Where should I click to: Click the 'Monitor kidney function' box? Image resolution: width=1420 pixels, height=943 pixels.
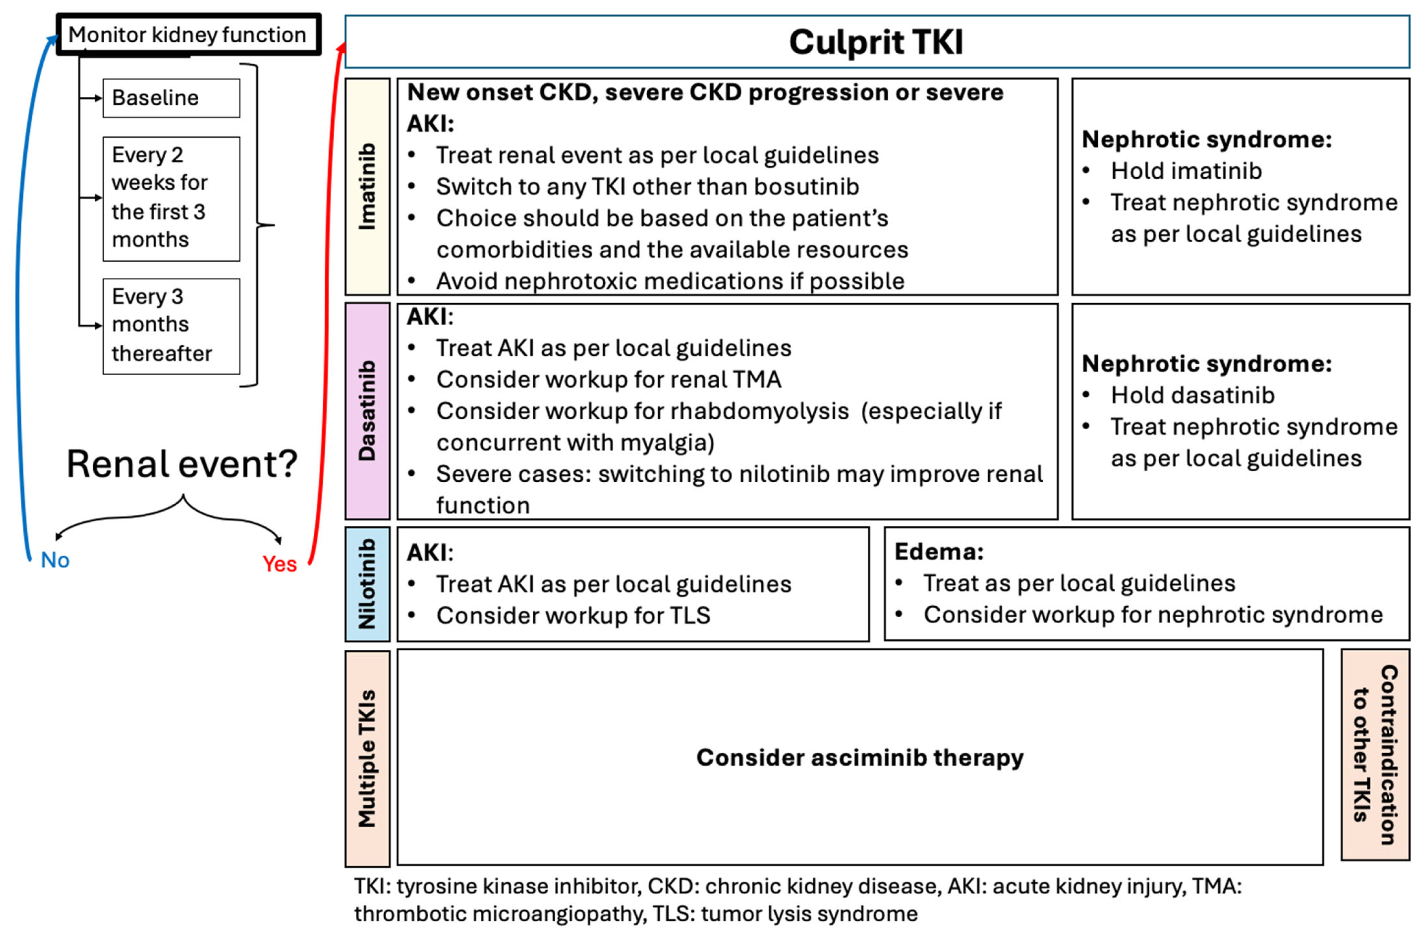pos(188,35)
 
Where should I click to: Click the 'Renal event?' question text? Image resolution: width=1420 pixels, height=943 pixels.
pos(182,464)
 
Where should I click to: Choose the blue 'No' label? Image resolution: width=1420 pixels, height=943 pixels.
pos(55,560)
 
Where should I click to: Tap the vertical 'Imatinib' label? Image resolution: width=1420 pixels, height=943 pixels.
pos(367,187)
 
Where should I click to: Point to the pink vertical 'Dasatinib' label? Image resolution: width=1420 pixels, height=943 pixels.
pos(367,411)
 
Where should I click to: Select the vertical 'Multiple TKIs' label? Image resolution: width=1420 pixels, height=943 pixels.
pos(367,758)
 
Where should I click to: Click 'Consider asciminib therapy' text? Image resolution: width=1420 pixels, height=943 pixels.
pos(859,757)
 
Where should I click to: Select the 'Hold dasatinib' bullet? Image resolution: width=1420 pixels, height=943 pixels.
pos(1192,395)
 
